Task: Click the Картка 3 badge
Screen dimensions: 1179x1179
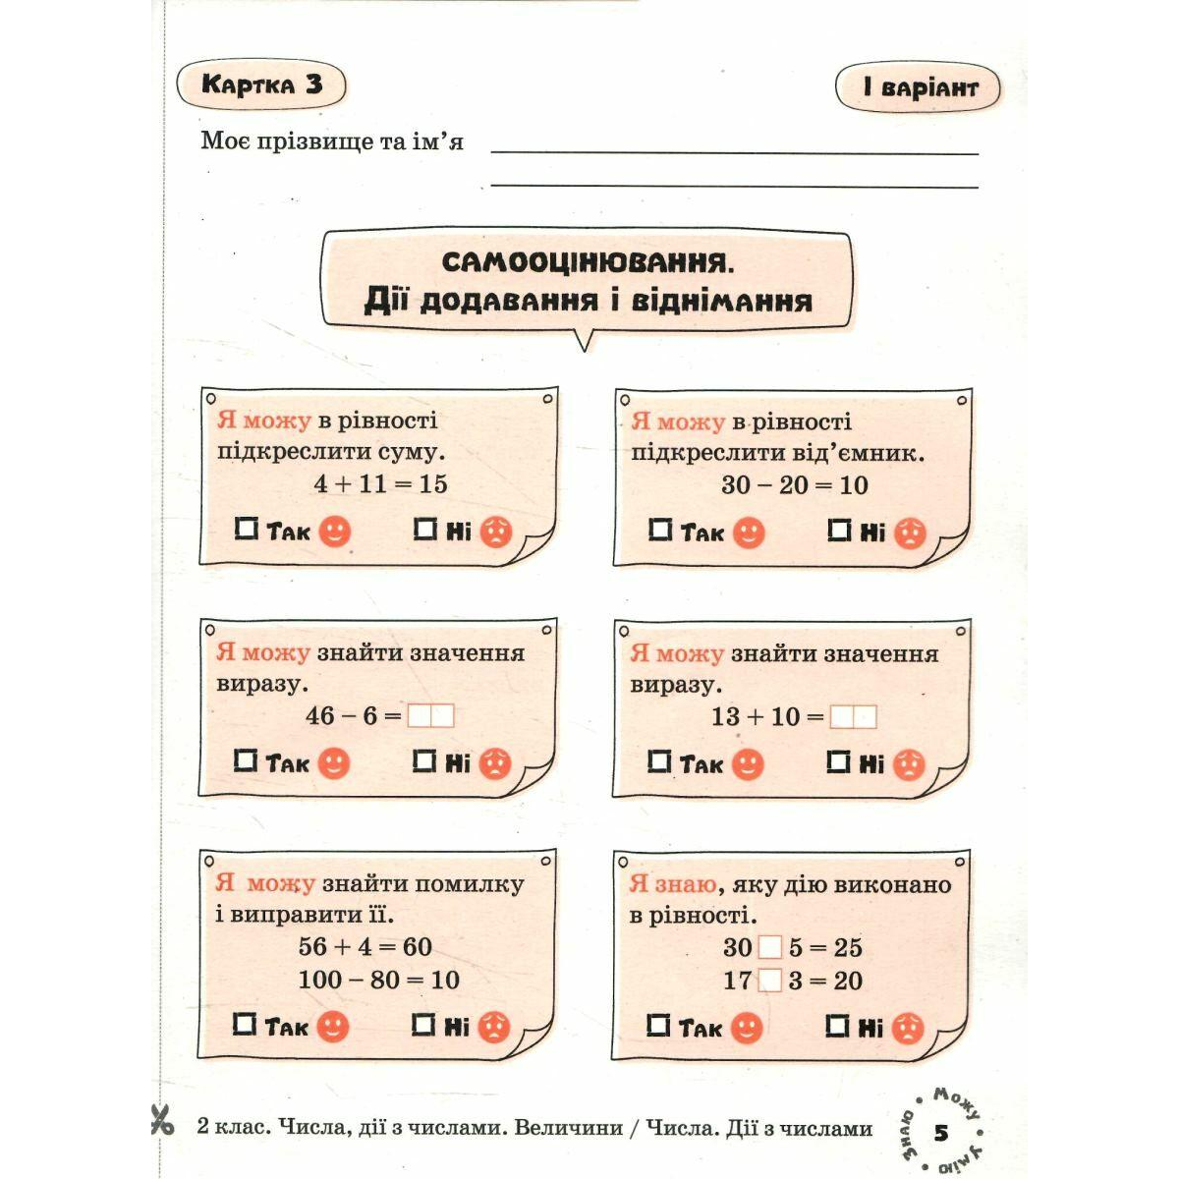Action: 261,84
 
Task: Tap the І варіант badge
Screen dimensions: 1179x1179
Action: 918,88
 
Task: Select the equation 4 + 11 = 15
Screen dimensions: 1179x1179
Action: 380,483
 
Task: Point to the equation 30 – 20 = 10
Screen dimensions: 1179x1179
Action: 794,484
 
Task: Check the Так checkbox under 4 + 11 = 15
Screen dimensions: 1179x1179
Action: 246,530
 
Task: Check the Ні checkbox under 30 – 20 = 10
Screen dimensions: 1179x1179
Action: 839,531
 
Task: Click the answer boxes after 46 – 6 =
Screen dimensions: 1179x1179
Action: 431,716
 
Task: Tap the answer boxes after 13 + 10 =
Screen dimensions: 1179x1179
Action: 852,717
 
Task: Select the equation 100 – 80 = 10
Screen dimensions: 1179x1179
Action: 379,980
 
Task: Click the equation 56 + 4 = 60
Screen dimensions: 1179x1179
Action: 365,947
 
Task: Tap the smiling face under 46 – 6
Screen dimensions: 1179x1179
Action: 334,763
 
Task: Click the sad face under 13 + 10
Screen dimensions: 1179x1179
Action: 909,764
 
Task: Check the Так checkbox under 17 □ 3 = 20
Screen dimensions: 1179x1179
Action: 658,1026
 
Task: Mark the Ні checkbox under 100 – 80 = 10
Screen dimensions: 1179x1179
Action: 423,1026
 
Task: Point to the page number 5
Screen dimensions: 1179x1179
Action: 941,1134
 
